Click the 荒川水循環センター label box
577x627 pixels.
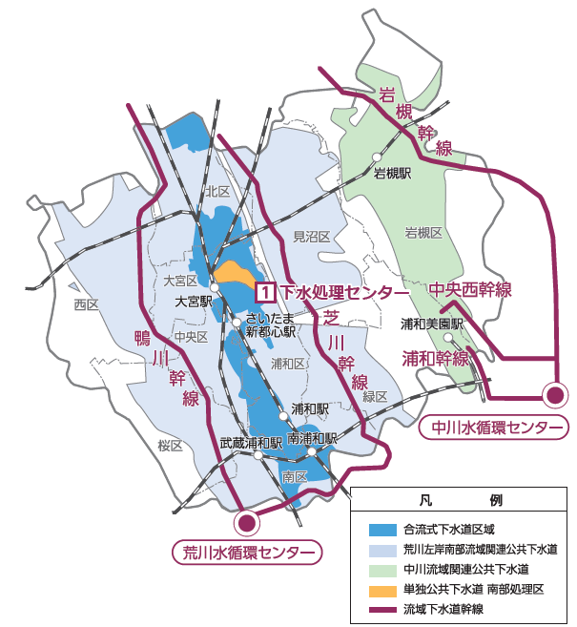point(247,552)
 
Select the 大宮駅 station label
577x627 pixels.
point(192,300)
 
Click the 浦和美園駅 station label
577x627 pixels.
point(431,324)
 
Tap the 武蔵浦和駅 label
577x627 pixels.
point(251,443)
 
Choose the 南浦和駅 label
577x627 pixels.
point(312,438)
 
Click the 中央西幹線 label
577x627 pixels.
point(470,289)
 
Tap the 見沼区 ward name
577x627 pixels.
point(310,236)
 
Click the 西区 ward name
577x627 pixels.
point(86,304)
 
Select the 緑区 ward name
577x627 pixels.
point(375,395)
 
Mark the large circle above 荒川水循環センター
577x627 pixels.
point(247,522)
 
